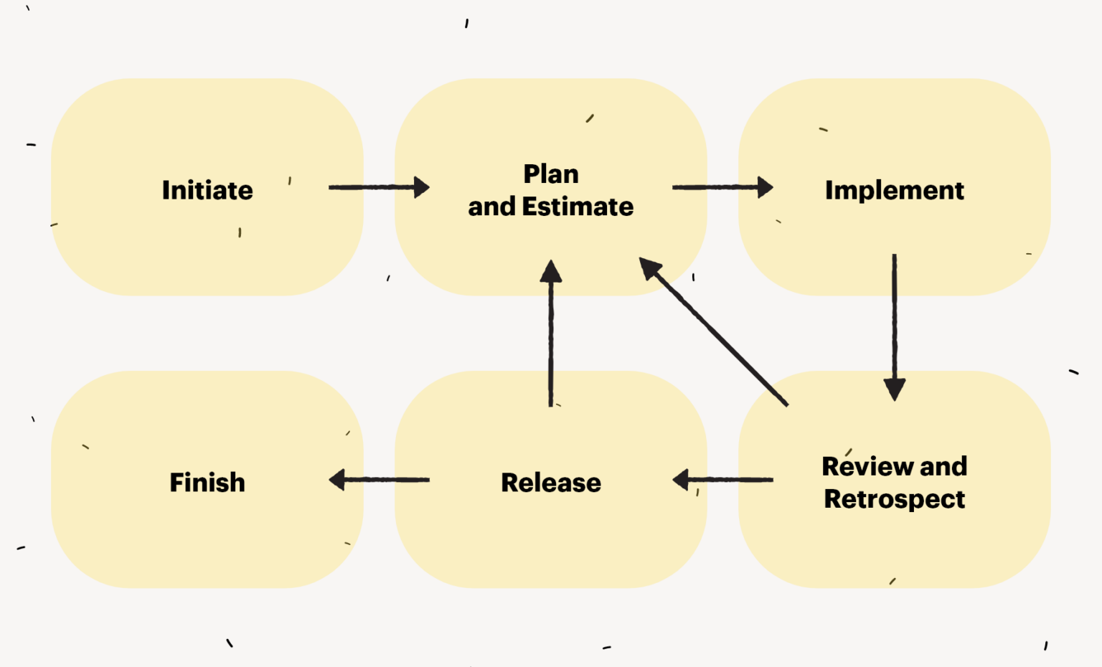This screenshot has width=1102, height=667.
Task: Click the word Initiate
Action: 207,190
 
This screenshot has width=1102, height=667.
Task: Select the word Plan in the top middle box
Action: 551,174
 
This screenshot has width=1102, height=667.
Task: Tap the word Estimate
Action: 578,207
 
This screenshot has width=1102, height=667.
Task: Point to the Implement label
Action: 895,190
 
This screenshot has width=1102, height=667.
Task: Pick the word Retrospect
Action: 895,498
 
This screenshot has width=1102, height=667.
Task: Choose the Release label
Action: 551,483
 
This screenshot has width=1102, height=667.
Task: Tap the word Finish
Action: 207,483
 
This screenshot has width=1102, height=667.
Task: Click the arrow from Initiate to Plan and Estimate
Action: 378,187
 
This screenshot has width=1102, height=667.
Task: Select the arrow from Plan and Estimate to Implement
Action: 722,187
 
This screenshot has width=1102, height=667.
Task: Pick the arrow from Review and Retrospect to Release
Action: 723,479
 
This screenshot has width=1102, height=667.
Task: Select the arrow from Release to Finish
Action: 380,479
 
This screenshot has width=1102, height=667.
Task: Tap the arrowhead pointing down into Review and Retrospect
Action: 894,389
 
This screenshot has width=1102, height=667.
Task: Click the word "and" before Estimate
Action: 491,207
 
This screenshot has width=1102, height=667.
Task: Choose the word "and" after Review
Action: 943,466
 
